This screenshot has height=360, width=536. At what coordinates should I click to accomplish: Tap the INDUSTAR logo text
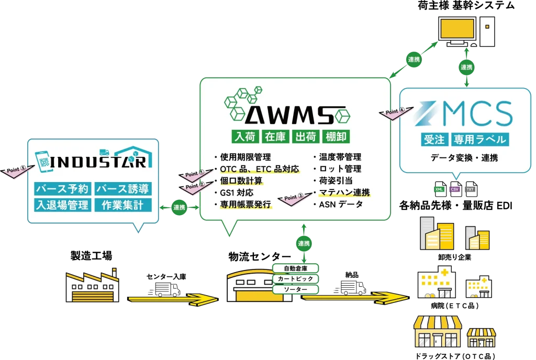pos(99,162)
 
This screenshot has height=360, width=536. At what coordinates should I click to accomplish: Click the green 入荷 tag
pos(245,137)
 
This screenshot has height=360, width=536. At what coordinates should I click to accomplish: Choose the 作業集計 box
pos(123,205)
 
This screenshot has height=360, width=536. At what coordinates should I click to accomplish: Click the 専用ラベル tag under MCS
pos(480,140)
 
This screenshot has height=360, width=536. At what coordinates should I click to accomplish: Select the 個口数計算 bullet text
pos(241,181)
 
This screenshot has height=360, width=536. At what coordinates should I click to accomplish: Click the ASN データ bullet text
pos(340,205)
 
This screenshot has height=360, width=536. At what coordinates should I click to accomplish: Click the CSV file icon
pos(455,188)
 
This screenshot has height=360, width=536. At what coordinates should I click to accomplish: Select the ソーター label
pos(295,289)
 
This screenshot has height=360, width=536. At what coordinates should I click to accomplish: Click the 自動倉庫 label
pos(295,268)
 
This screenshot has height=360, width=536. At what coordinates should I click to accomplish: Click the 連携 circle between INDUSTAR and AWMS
pos(179,207)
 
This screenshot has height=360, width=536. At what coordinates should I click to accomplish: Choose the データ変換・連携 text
pos(465,157)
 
